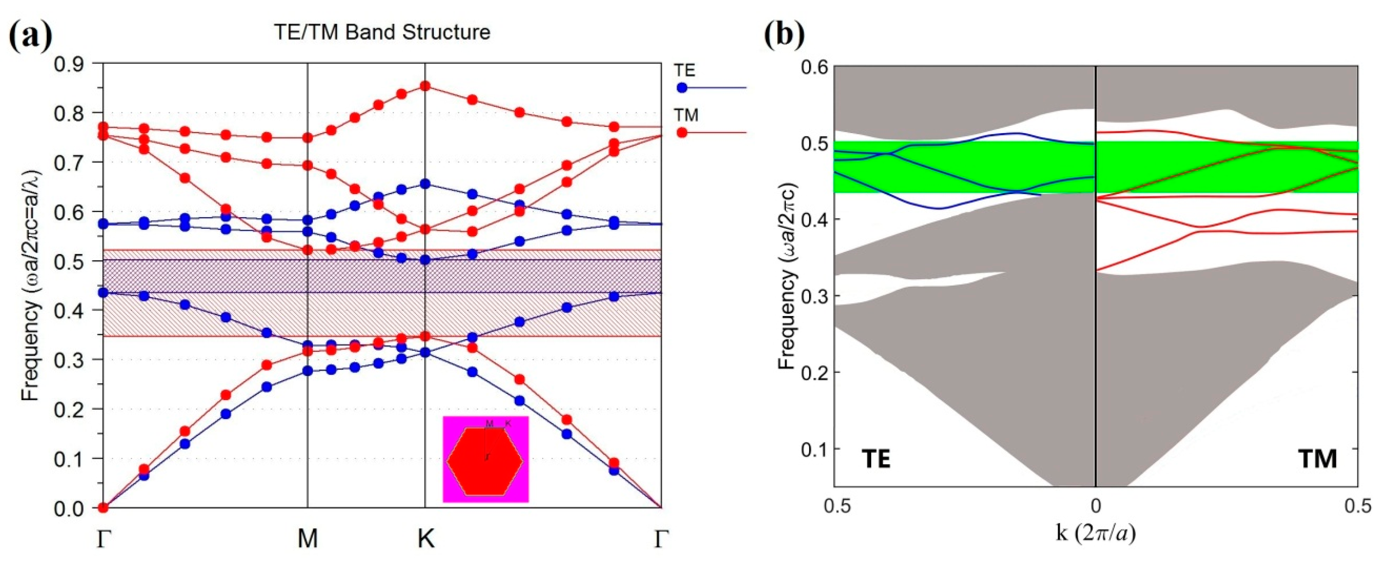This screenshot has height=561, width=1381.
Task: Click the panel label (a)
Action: tap(31, 33)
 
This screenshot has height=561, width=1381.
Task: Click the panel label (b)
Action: tap(784, 33)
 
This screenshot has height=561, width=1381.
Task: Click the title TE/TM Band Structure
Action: tap(382, 32)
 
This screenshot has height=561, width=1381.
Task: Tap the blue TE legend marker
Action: tap(682, 87)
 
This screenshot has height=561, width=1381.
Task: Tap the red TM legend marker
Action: tap(682, 132)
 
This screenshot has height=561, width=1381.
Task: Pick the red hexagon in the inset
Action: tap(485, 461)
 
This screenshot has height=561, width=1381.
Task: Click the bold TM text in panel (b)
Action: tap(1318, 459)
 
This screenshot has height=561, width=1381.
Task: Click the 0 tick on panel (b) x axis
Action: tap(1095, 505)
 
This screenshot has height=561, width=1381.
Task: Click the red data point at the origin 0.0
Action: tap(103, 507)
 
